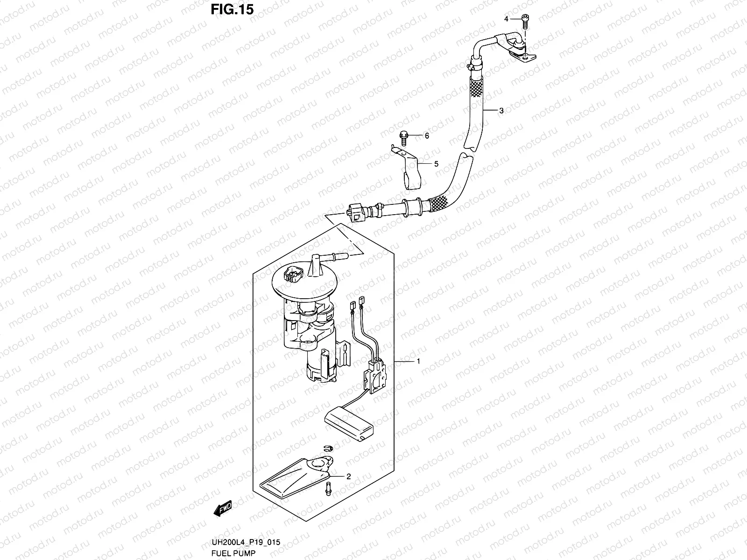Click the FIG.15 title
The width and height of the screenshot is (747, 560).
(232, 9)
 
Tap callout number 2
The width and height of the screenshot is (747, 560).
(348, 476)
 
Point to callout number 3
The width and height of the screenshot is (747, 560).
(501, 111)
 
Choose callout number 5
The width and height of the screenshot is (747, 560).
(437, 164)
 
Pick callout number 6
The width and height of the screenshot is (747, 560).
(426, 136)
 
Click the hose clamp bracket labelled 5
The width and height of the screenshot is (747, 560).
(410, 170)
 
